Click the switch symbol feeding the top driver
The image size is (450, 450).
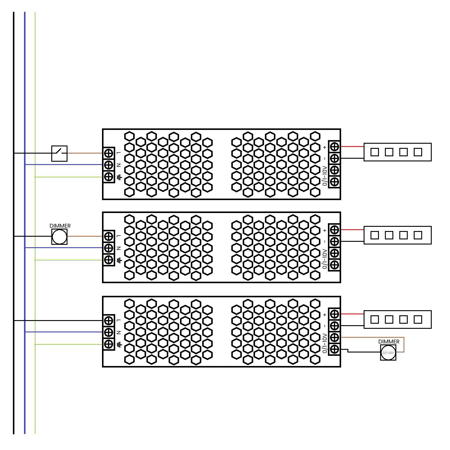[x=59, y=153]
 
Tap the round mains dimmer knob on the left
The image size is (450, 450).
[x=59, y=237]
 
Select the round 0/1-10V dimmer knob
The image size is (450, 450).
[x=388, y=352]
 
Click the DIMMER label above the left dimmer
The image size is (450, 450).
[x=60, y=226]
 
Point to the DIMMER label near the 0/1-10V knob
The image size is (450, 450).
[x=389, y=342]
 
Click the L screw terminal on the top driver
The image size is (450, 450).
[x=109, y=153]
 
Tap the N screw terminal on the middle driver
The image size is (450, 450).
[x=109, y=248]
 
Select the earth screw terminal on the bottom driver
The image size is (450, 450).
[x=109, y=344]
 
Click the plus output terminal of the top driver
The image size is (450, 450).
[x=334, y=147]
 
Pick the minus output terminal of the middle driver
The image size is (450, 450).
[x=334, y=241]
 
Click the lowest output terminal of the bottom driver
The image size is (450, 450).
[x=334, y=349]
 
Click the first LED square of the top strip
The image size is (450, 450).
[x=374, y=152]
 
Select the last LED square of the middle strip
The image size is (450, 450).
[x=418, y=235]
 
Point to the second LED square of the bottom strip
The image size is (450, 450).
[x=389, y=319]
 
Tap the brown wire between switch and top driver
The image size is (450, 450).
[x=85, y=153]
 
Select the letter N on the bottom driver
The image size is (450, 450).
[x=119, y=332]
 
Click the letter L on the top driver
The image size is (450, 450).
[x=119, y=153]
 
